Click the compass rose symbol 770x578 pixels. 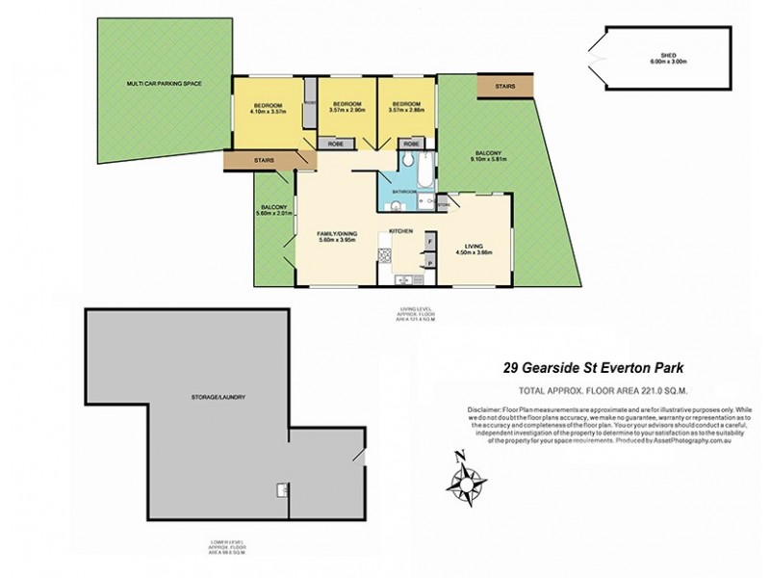pos(469,476)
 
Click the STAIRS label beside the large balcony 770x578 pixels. pos(504,88)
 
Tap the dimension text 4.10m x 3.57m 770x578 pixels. pos(268,111)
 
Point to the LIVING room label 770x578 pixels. pos(473,246)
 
